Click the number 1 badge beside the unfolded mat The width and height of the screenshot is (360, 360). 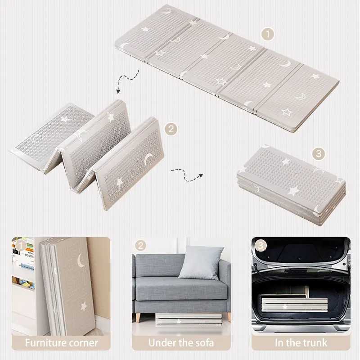(268, 35)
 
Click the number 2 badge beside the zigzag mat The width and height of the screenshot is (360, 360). (171, 129)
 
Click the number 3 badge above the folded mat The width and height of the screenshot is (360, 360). (319, 153)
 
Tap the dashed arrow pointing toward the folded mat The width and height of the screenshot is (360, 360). (186, 175)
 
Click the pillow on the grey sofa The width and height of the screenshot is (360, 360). (200, 262)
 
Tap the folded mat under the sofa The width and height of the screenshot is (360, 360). (189, 319)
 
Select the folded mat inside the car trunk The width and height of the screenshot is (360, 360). (295, 305)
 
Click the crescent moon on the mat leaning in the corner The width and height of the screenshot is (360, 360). (81, 261)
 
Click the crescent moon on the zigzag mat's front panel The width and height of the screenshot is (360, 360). (148, 160)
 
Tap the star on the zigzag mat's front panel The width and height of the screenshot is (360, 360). (119, 182)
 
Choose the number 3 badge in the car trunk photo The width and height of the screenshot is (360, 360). (261, 245)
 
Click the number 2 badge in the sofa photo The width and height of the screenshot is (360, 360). (140, 245)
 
